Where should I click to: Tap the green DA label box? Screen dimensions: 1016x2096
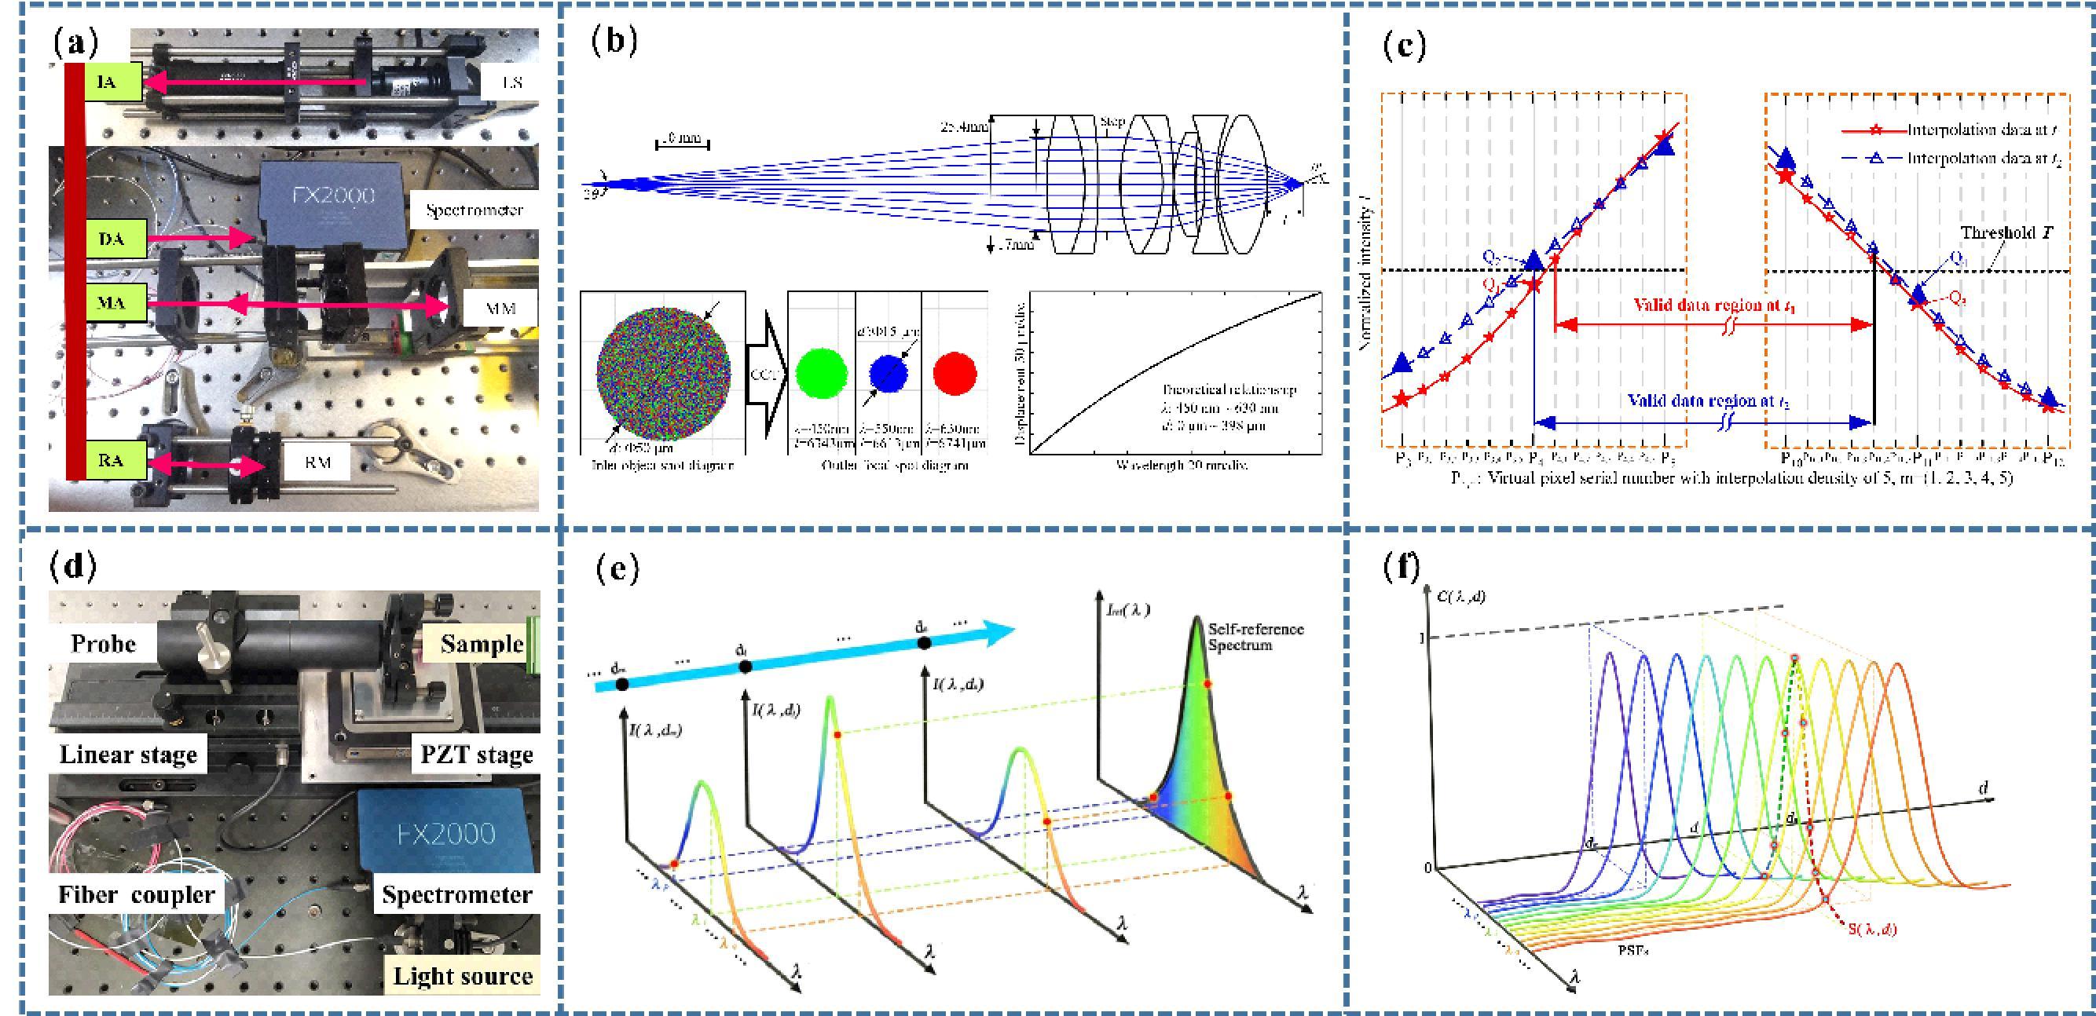click(115, 239)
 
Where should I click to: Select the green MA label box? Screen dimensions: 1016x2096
click(115, 303)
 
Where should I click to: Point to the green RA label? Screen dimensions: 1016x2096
click(115, 459)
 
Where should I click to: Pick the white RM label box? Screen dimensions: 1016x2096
click(318, 463)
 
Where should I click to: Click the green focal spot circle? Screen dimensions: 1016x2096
click(822, 374)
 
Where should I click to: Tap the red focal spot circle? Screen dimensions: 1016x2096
click(955, 374)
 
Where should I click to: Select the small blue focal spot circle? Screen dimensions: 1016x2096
click(889, 374)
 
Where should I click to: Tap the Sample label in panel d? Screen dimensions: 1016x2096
click(482, 645)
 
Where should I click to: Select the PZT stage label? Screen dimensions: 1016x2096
click(476, 755)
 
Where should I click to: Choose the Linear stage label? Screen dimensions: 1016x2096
click(128, 755)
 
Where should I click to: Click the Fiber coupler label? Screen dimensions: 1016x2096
click(136, 895)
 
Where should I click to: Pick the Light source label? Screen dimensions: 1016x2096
click(462, 975)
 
